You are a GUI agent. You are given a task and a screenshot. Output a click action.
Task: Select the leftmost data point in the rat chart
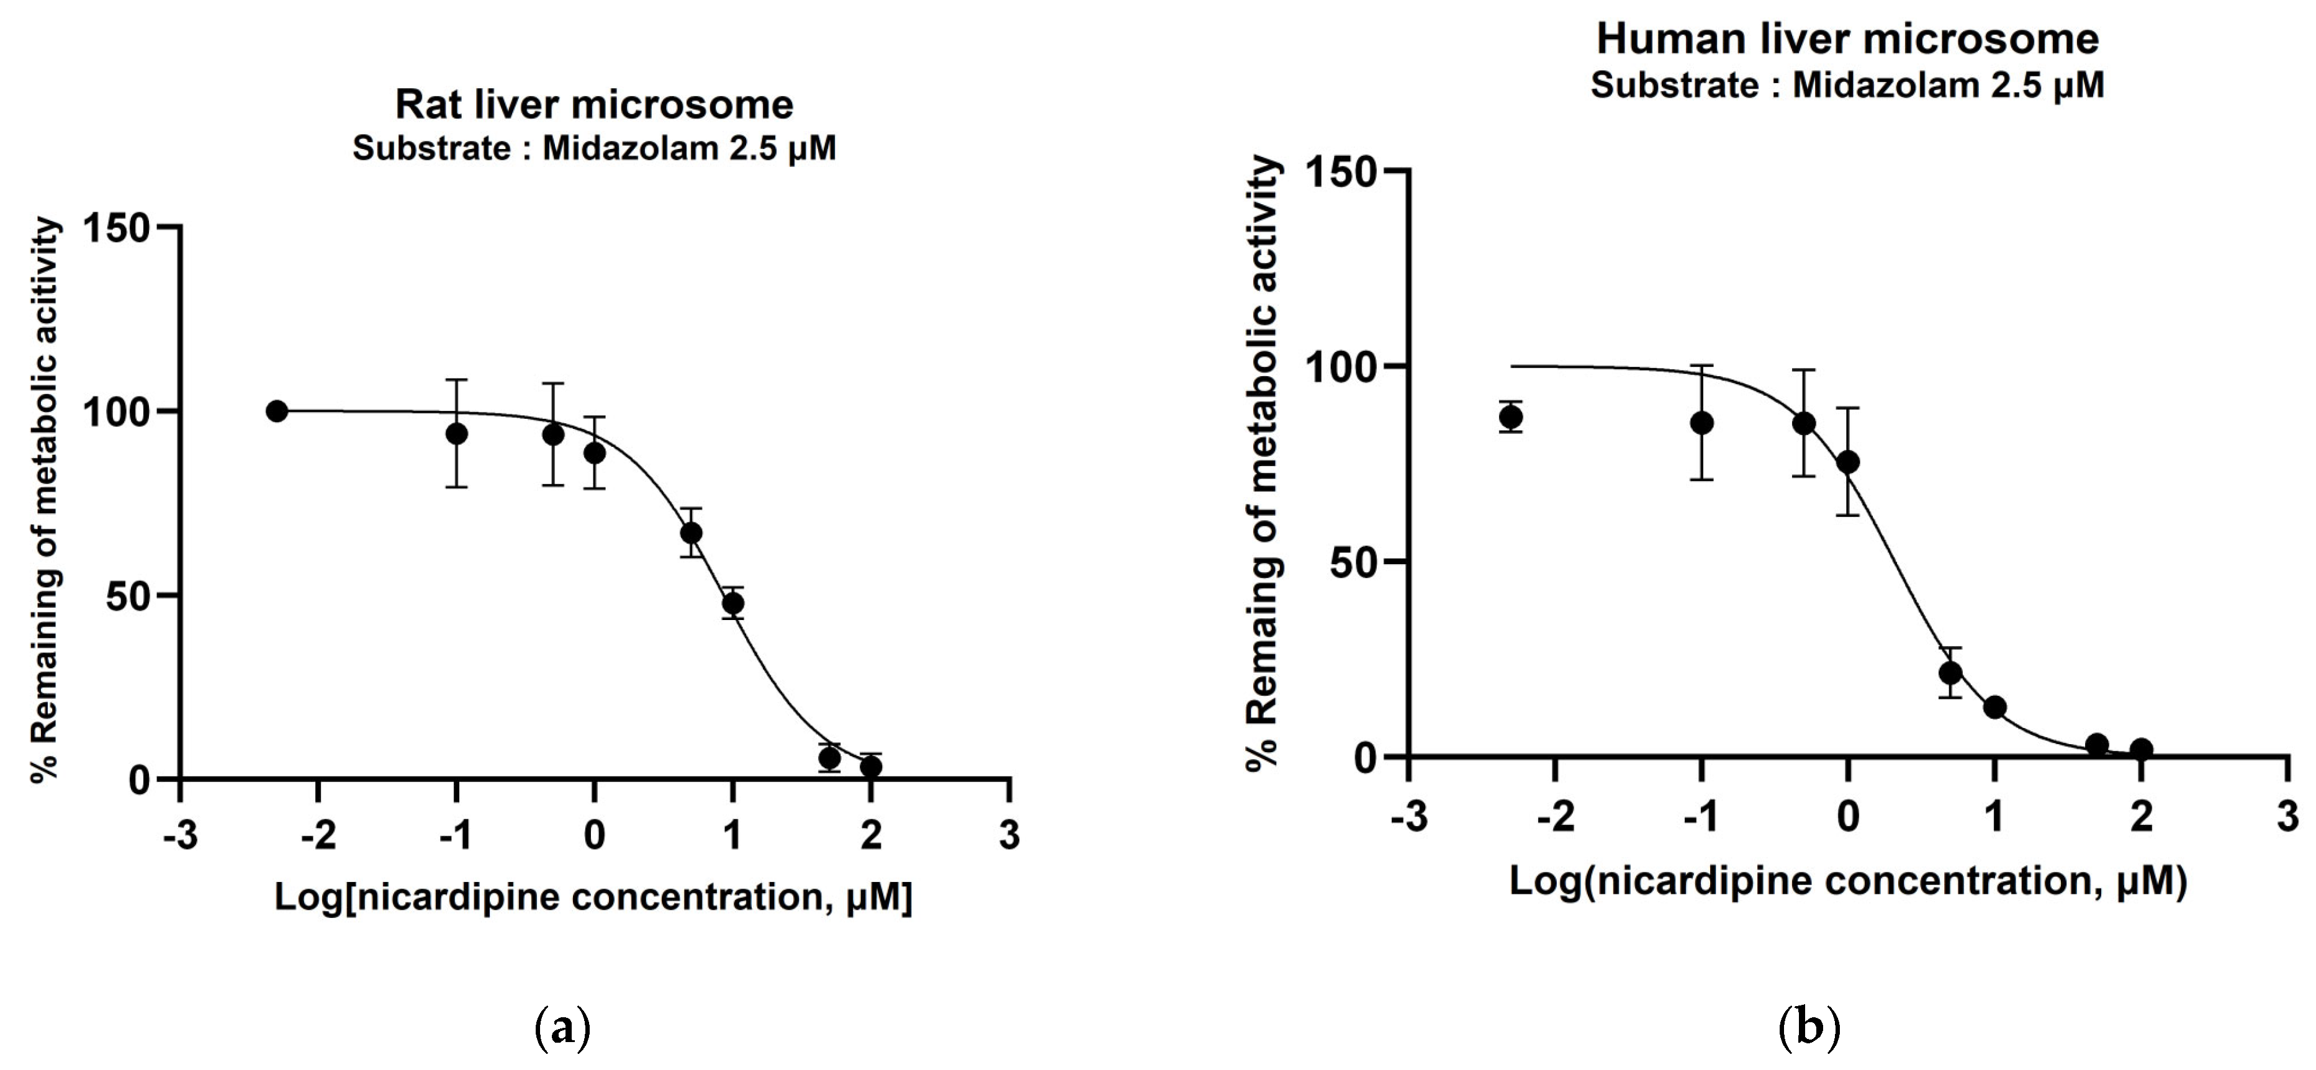(277, 411)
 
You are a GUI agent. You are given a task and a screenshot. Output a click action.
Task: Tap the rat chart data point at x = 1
(732, 603)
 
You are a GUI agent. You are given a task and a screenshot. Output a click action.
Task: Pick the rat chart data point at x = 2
(870, 766)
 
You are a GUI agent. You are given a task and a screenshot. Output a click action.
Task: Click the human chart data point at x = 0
(1847, 461)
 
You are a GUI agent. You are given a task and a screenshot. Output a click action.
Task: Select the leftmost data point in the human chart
(1512, 416)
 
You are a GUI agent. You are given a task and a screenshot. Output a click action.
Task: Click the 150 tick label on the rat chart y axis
(115, 228)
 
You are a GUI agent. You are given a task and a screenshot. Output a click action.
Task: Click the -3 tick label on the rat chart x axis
(180, 835)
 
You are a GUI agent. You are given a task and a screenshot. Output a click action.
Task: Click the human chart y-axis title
(1263, 463)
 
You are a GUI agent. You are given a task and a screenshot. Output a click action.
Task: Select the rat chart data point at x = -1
(457, 433)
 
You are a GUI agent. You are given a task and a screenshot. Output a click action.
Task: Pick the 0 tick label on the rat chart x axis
(594, 835)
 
